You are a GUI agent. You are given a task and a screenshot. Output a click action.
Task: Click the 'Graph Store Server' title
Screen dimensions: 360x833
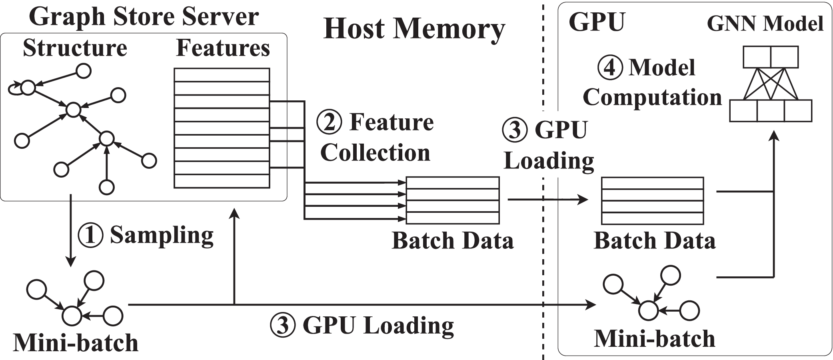pos(144,17)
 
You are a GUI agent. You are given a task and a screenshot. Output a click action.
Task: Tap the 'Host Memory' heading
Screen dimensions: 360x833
pos(414,29)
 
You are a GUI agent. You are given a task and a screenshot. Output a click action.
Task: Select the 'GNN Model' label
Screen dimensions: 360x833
pos(765,24)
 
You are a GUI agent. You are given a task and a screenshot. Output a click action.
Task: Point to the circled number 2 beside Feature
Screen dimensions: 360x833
pos(329,122)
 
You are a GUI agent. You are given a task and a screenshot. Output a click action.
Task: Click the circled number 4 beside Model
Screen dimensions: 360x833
pos(610,67)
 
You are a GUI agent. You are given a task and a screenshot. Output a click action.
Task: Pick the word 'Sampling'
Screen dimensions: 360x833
pos(162,235)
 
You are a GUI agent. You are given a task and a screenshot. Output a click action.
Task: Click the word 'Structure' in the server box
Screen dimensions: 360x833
pos(75,48)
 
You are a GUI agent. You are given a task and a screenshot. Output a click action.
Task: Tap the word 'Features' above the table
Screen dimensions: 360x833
pos(223,48)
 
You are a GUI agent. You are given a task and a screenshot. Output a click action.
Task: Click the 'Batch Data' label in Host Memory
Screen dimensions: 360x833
pos(452,241)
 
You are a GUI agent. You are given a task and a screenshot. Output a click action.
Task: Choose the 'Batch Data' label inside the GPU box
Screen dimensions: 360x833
pos(654,241)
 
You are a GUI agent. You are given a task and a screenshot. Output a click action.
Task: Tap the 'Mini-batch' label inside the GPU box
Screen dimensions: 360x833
pos(654,339)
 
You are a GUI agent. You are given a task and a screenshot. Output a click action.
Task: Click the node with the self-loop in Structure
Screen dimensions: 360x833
pos(28,87)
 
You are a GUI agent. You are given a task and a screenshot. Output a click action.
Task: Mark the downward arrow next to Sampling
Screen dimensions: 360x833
pos(71,230)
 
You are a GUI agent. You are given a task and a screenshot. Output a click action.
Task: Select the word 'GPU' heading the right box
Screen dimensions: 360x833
pos(596,22)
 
